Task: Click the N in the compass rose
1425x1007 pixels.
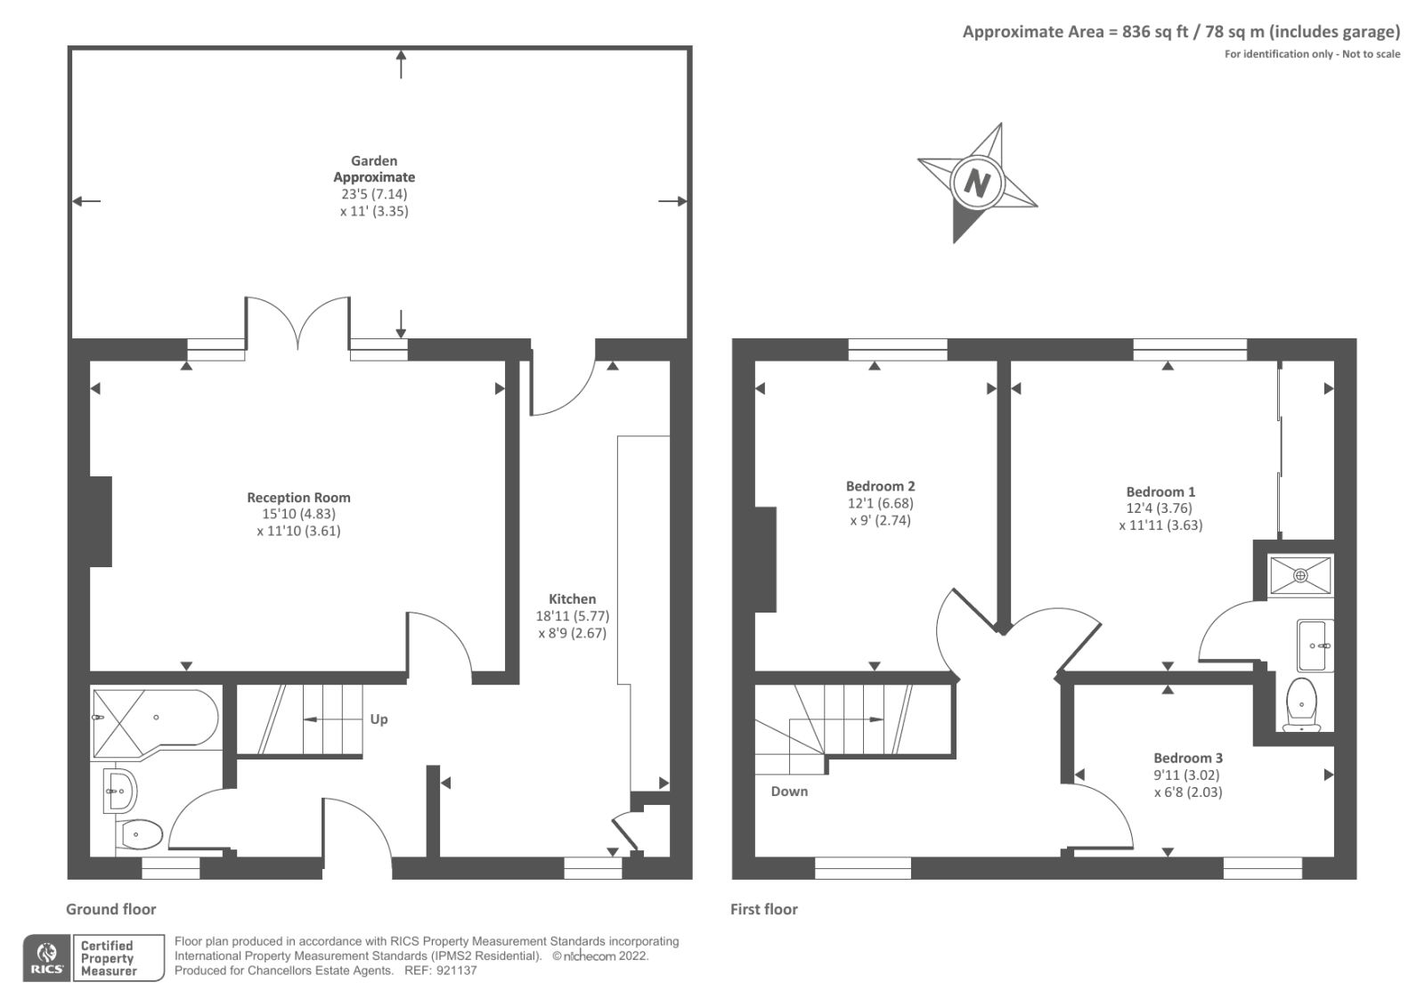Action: pos(977,183)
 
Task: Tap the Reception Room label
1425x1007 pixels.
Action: pos(298,498)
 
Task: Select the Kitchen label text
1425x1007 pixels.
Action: pos(572,599)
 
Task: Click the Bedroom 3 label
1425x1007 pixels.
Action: pos(1188,758)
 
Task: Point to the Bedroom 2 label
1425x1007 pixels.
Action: pos(880,486)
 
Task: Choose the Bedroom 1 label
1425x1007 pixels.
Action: pos(1160,491)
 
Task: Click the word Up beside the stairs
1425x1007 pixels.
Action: pos(379,719)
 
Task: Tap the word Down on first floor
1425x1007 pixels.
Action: pos(789,792)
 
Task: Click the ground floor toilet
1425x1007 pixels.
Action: pos(141,834)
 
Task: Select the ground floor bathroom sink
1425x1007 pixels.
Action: pos(119,790)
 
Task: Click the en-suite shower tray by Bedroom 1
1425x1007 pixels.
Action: pos(1300,575)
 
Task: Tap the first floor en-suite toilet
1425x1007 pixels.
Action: pos(1301,704)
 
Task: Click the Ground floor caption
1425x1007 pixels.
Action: pos(110,909)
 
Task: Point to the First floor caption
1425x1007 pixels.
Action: pos(763,909)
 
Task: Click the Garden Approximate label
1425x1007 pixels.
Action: pos(374,169)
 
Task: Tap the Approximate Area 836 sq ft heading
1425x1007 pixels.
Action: pos(1180,32)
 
